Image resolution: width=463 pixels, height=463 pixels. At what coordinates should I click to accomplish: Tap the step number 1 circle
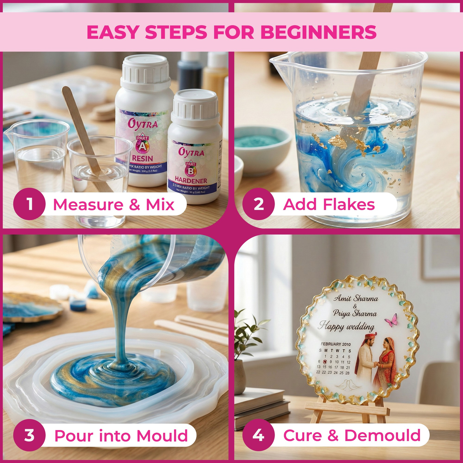29,204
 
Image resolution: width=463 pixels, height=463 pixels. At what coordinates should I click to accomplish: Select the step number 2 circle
258,204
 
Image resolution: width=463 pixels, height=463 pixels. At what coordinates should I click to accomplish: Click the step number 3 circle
29,435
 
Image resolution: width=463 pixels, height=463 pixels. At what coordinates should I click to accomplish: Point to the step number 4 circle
258,435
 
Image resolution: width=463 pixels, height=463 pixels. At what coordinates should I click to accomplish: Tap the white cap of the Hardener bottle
195,105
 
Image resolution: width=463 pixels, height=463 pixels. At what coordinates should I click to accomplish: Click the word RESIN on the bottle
143,158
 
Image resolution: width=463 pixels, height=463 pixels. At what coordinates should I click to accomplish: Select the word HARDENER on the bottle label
191,181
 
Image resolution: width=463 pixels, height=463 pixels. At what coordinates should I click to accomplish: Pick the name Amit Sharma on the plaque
356,298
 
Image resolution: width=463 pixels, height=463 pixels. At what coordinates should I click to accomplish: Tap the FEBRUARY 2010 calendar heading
336,344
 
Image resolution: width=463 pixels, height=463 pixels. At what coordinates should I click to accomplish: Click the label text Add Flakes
329,204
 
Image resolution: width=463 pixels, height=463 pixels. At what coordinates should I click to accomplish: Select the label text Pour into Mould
121,436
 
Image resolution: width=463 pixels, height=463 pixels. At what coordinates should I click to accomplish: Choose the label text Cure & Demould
351,435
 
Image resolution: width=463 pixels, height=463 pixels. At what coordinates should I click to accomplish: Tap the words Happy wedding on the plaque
347,326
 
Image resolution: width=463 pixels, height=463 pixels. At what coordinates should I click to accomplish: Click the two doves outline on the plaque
348,384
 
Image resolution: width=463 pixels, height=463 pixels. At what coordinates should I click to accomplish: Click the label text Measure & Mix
113,204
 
